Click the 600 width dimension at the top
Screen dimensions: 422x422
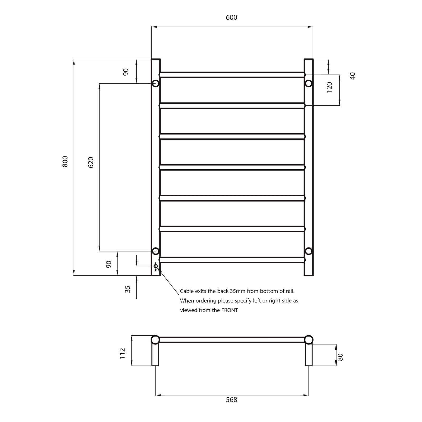(x=232, y=17)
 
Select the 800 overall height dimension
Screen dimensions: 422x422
(x=65, y=161)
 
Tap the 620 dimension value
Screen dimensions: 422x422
(x=91, y=162)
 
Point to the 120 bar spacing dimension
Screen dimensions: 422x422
(x=329, y=87)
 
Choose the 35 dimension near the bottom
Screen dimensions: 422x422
(x=128, y=289)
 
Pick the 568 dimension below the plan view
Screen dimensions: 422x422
(x=232, y=407)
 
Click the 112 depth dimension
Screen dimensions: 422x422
(x=122, y=353)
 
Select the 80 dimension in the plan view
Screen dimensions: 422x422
(x=340, y=357)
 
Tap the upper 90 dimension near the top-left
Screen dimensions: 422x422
(x=126, y=72)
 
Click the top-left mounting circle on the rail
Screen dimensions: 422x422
(x=156, y=84)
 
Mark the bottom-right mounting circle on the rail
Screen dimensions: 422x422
(x=308, y=251)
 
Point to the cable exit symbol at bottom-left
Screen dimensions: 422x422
(x=156, y=266)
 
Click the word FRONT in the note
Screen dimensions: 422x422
(x=229, y=310)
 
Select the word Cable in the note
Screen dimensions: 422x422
(x=187, y=291)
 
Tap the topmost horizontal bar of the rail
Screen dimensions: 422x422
(x=232, y=75)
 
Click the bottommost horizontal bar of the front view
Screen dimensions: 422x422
(x=232, y=260)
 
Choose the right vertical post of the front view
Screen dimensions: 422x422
(x=309, y=169)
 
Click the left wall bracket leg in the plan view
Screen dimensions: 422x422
(x=155, y=355)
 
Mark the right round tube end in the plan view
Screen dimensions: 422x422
(x=309, y=340)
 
